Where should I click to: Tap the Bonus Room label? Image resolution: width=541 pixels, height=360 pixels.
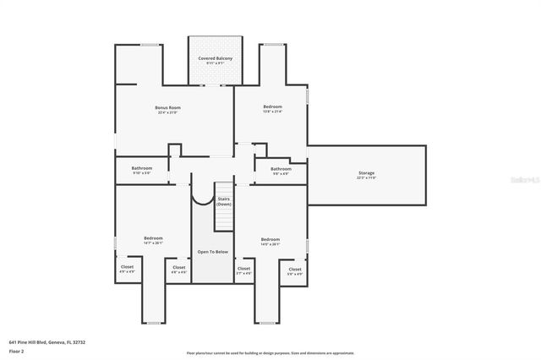[x=167, y=107]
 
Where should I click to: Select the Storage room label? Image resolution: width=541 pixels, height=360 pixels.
[x=366, y=172]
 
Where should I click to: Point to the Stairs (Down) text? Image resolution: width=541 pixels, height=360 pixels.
[x=223, y=201]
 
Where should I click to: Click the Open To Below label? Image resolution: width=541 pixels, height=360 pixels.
[x=213, y=252]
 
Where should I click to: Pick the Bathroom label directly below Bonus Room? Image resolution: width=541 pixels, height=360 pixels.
[x=141, y=167]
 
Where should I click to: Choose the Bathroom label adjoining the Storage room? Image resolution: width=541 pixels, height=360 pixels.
[x=281, y=168]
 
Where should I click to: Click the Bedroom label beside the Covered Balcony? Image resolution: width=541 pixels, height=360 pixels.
[x=272, y=106]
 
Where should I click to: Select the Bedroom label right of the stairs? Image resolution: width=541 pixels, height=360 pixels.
[x=270, y=238]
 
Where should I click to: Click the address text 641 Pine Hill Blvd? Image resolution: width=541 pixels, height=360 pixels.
[x=46, y=342]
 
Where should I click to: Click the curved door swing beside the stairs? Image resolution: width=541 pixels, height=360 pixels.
[x=203, y=196]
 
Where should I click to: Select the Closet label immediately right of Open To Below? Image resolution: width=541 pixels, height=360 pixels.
[x=244, y=270]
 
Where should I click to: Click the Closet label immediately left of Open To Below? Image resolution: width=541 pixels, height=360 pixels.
[x=179, y=270]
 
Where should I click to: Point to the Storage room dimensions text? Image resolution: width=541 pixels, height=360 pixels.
[x=366, y=178]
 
